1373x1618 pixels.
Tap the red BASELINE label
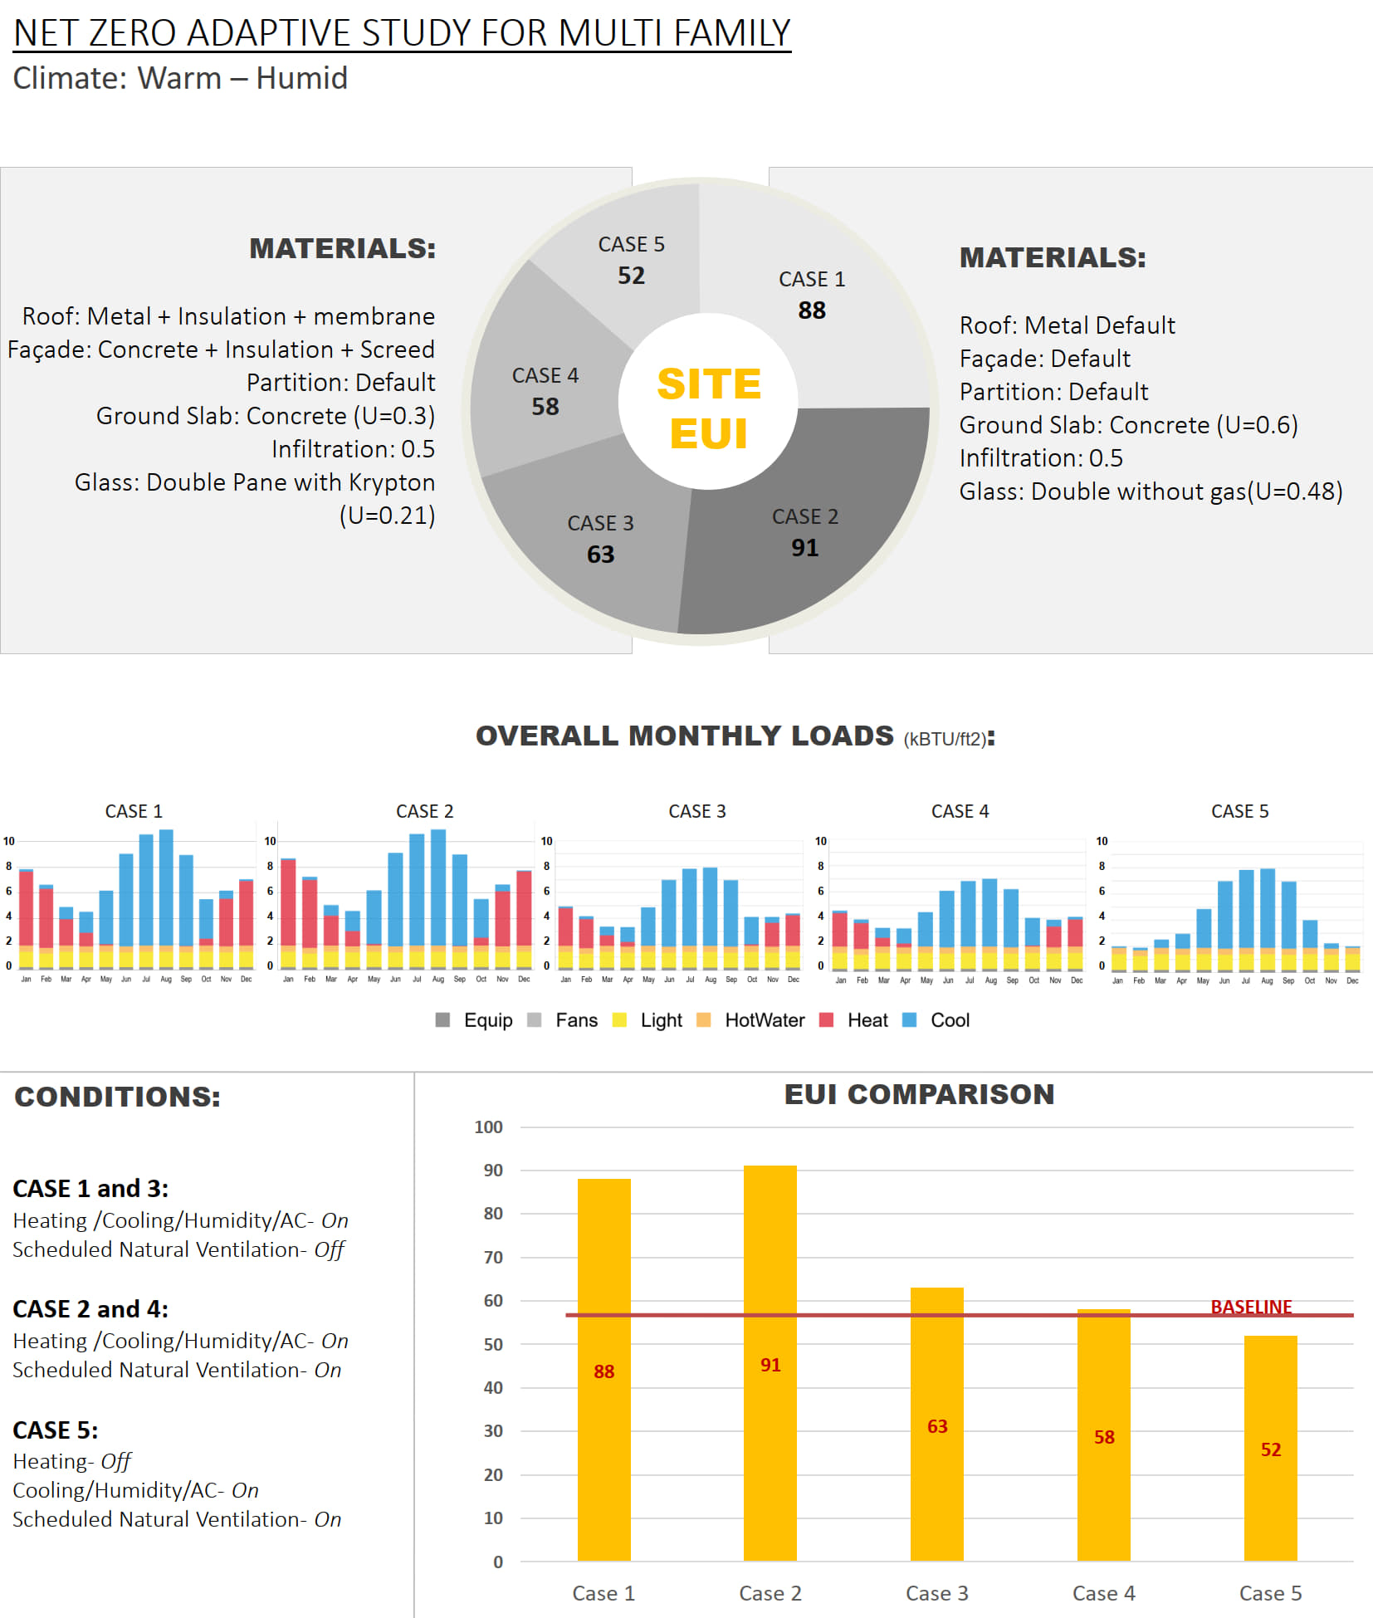click(x=1251, y=1307)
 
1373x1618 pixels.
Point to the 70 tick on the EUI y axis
click(x=493, y=1257)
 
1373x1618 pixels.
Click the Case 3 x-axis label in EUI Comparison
click(x=936, y=1593)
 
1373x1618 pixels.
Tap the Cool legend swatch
click(x=909, y=1020)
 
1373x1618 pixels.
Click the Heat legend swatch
click(x=826, y=1020)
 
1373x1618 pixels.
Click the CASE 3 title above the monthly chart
click(x=697, y=811)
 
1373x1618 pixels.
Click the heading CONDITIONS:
click(x=118, y=1097)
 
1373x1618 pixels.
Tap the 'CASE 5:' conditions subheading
click(x=56, y=1430)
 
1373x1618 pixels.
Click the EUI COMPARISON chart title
click(x=919, y=1094)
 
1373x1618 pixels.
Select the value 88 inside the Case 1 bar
click(x=603, y=1371)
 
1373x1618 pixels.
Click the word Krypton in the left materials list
click(x=392, y=482)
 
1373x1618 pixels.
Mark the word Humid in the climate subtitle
click(x=301, y=78)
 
